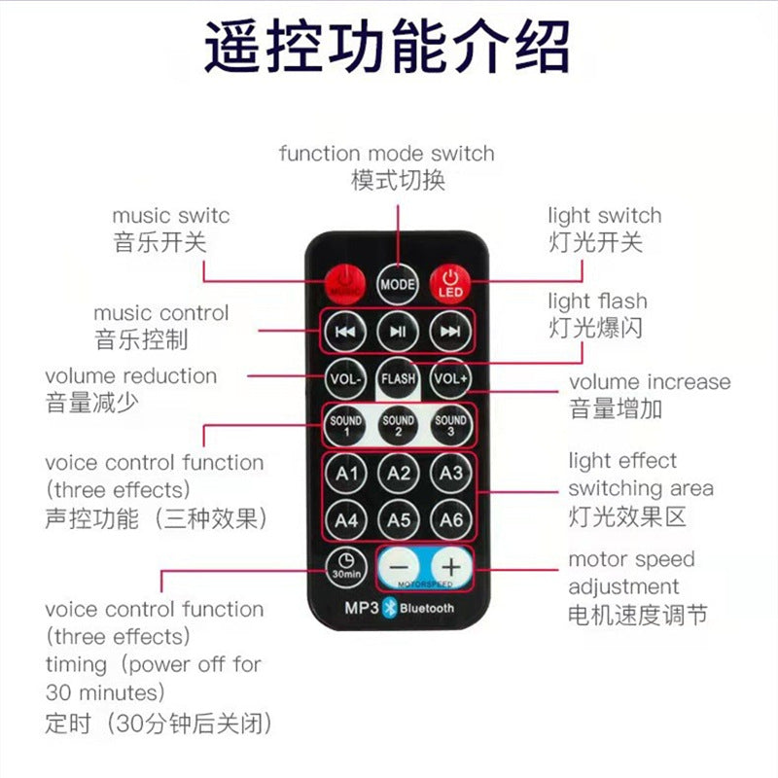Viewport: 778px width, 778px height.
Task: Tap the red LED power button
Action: point(450,284)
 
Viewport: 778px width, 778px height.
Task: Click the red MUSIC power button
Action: point(345,284)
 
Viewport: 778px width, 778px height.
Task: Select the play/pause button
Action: point(398,332)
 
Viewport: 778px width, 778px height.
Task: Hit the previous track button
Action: point(345,332)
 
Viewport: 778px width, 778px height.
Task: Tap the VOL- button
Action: point(345,378)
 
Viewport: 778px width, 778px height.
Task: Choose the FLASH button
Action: point(398,378)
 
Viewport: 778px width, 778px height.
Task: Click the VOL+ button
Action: point(450,378)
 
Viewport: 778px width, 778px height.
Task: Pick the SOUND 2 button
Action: point(398,425)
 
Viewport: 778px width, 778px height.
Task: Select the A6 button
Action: point(450,519)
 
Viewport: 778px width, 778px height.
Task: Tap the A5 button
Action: point(398,519)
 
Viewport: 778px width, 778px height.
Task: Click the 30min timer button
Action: point(346,567)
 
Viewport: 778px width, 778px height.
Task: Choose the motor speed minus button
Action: point(399,567)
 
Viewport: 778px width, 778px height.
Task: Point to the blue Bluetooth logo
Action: point(390,608)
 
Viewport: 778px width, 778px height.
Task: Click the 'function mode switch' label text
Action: point(386,154)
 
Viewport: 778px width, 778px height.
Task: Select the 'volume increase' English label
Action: point(650,382)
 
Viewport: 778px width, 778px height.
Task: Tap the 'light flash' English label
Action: point(597,301)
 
